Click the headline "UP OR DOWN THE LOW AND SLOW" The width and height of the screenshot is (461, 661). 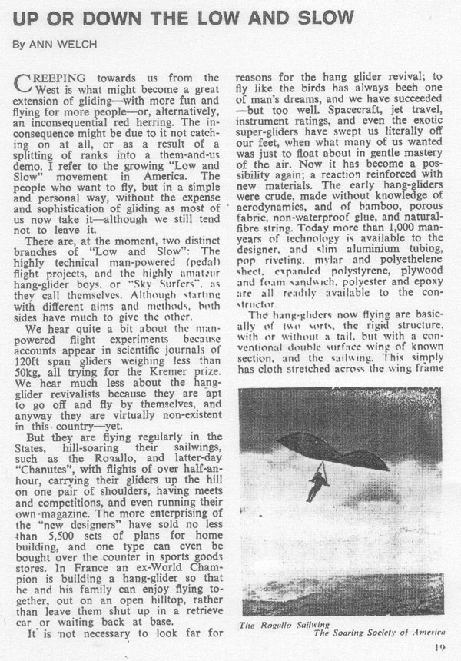coord(183,16)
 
